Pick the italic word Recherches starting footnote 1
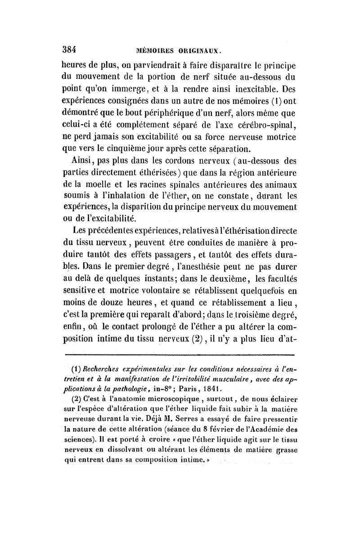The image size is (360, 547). [104, 366]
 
